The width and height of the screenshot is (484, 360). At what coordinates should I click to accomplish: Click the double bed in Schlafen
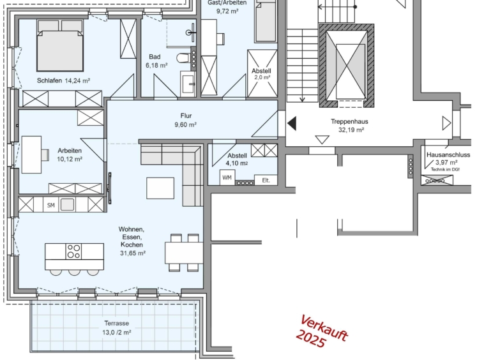coord(60,45)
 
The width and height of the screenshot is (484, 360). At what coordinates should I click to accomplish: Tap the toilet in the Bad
coord(184,57)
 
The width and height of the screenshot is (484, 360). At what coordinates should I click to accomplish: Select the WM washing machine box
coord(227,177)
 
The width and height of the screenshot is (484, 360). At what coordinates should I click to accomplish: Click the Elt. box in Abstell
coord(266,180)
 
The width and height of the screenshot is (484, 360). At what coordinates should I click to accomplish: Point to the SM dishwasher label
coord(51,205)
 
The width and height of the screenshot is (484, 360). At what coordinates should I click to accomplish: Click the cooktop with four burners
coord(74,251)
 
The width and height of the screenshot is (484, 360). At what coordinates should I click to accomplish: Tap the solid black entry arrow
coord(292,123)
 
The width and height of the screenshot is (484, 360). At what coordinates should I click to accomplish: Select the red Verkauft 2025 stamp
coord(322,332)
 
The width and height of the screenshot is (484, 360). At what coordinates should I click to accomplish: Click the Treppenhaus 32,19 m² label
coord(350,126)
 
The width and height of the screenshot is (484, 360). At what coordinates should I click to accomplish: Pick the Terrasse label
coord(117,323)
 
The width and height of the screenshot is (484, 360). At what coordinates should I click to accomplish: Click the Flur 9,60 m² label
coord(186,120)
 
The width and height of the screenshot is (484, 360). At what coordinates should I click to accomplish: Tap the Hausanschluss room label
coord(448,155)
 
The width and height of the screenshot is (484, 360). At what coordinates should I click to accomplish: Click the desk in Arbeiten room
coord(31,154)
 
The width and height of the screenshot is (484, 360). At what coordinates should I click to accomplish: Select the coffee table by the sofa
coord(160,188)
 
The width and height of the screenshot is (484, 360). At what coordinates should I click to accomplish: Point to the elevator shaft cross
coord(347,65)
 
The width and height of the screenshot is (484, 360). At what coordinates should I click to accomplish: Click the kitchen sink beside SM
coord(67,204)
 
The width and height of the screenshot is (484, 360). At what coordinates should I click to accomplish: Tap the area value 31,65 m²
coord(133,253)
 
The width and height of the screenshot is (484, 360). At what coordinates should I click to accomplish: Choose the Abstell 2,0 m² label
coord(262,74)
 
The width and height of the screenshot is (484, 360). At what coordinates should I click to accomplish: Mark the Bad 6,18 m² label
coord(156,61)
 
